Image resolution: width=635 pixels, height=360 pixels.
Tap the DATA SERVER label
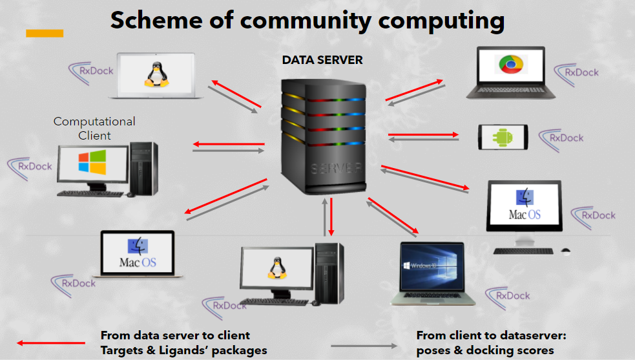click(322, 60)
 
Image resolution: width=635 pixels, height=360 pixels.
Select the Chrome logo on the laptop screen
click(510, 65)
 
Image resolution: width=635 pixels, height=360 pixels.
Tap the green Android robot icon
click(502, 137)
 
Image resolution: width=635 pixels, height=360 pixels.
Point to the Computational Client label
click(94, 128)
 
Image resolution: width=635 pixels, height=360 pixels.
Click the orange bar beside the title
click(45, 33)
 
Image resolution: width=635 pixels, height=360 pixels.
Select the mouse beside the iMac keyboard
click(566, 250)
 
